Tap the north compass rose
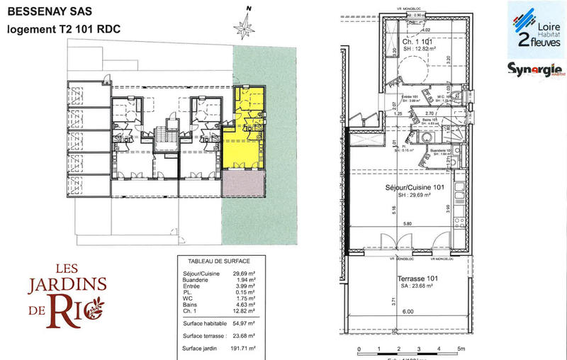click(x=246, y=28)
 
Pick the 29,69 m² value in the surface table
click(x=245, y=273)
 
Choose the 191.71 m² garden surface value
click(x=243, y=349)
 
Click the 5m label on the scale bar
click(x=461, y=350)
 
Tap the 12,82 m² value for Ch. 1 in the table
click(x=245, y=311)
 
